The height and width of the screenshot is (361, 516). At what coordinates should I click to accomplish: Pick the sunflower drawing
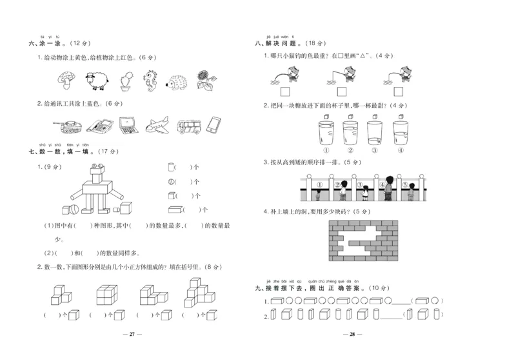coord(207,79)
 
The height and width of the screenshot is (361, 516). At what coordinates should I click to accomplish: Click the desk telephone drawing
coord(99,124)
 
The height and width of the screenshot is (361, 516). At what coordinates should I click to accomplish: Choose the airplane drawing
coord(157,124)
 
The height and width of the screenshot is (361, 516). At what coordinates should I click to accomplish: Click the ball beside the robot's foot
coord(75,209)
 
